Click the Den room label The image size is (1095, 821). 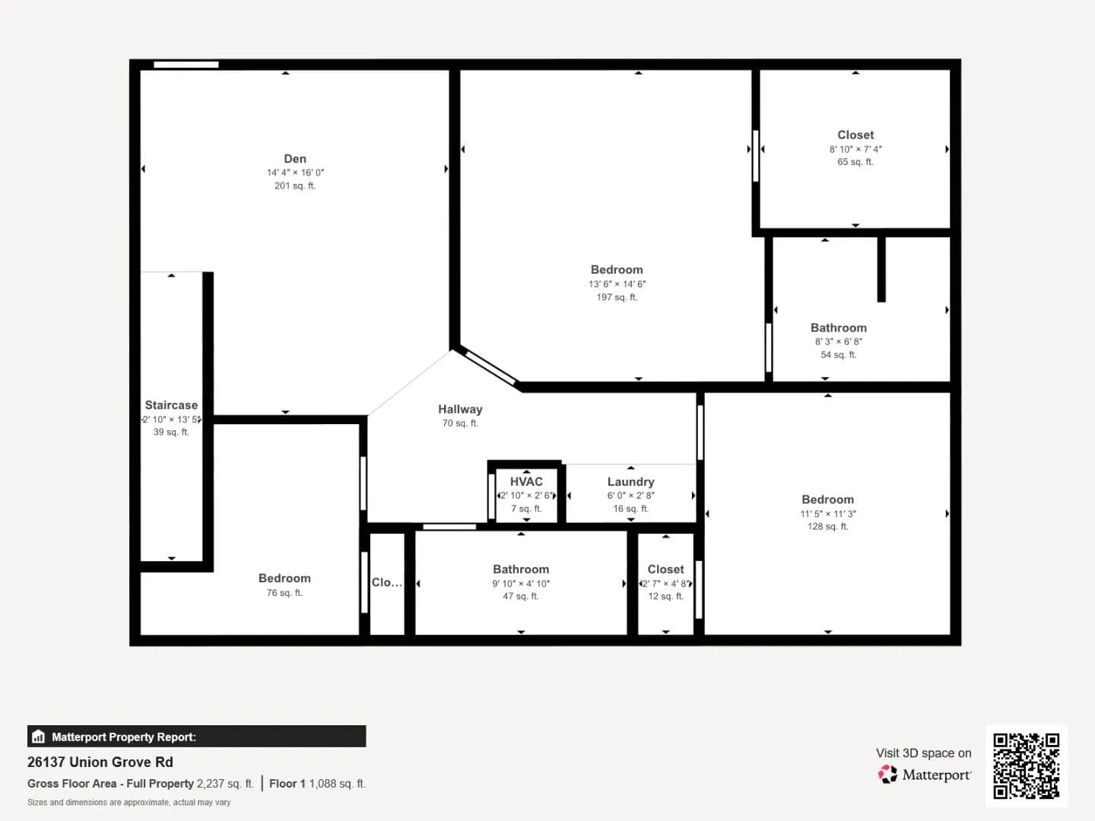click(295, 159)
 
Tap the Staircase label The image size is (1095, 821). click(171, 405)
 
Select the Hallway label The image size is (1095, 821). click(460, 409)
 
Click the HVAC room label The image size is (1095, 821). click(526, 481)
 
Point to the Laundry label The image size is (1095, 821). click(630, 482)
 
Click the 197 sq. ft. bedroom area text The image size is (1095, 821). click(617, 297)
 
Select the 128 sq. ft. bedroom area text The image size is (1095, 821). click(827, 526)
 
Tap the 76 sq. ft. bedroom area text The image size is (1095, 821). click(284, 593)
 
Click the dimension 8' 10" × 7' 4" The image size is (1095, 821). click(855, 149)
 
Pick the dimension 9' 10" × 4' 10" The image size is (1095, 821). click(521, 583)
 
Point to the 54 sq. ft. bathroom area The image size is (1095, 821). click(839, 355)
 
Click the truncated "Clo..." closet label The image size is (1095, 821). click(386, 582)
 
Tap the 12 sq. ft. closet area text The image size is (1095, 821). click(665, 596)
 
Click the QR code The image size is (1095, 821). click(1026, 766)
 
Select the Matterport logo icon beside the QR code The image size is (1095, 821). click(887, 774)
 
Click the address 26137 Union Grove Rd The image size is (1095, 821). click(100, 762)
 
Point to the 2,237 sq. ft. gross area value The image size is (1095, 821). click(225, 784)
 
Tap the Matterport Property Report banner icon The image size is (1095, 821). click(39, 737)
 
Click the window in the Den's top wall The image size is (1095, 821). click(186, 65)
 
